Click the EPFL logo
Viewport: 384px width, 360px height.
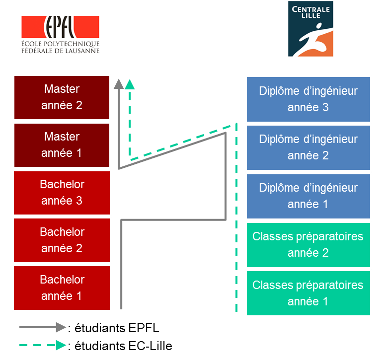click(60, 34)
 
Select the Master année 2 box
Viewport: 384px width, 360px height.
click(62, 97)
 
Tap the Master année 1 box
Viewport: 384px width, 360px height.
click(62, 145)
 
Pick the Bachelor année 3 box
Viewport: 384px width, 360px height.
click(62, 193)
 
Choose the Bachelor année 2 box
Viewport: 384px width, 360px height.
click(62, 240)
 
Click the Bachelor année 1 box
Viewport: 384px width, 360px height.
click(62, 288)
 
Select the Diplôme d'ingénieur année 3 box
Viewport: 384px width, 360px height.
click(308, 99)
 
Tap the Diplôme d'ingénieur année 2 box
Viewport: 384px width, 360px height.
click(308, 147)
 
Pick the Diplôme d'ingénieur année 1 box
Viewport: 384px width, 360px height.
click(308, 196)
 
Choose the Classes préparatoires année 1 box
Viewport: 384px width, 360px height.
click(308, 293)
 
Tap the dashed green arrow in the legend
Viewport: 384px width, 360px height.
click(42, 345)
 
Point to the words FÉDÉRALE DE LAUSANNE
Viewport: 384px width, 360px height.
click(60, 50)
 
